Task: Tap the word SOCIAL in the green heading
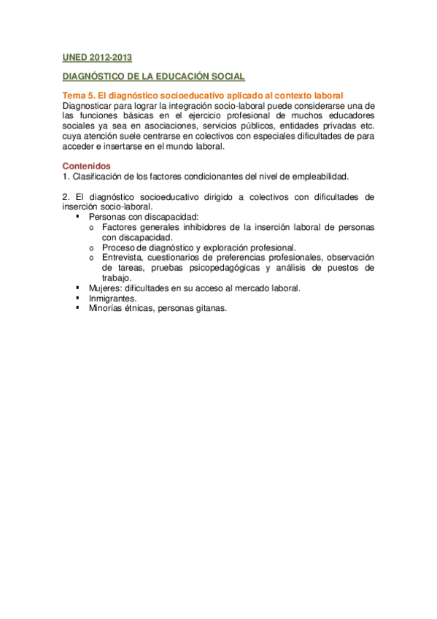[x=225, y=77]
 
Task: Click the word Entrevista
[x=122, y=258]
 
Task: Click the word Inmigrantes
[x=111, y=298]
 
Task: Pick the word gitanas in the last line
[x=211, y=308]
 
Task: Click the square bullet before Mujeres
[x=78, y=288]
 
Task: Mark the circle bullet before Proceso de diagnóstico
[x=91, y=248]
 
